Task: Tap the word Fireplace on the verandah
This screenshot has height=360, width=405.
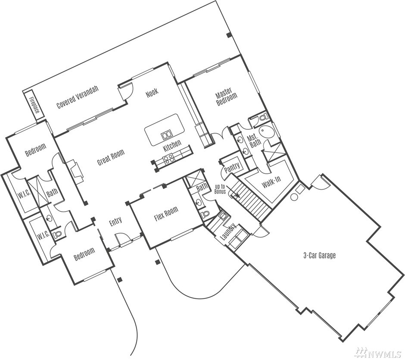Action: click(34, 105)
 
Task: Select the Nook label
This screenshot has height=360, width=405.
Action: click(152, 93)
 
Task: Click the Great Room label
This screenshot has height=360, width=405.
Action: click(111, 157)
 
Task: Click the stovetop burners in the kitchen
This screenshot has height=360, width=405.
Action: click(169, 158)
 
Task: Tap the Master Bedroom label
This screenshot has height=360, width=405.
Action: click(226, 97)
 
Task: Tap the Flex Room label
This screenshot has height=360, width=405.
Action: click(166, 214)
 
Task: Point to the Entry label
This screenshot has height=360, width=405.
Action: click(115, 222)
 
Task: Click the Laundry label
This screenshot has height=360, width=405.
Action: click(228, 232)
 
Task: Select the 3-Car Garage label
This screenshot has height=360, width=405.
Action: click(320, 256)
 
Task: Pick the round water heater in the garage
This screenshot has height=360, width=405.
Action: click(294, 197)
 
